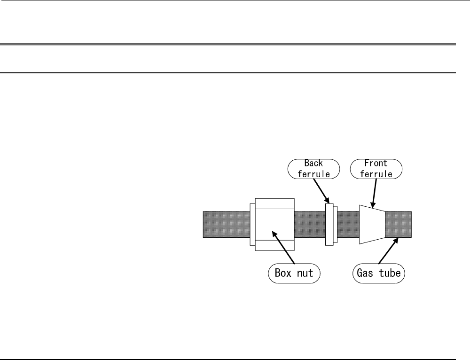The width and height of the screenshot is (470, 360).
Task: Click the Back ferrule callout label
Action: coord(313,169)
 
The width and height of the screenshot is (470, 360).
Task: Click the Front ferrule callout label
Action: coord(376,169)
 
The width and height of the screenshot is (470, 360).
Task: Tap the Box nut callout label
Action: coord(294,273)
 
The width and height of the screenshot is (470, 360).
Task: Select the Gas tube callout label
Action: coord(378,273)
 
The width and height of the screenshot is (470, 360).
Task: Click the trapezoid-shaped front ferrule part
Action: coord(372,225)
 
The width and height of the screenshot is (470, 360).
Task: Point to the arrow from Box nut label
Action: coord(283,247)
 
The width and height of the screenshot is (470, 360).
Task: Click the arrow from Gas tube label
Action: coord(389,250)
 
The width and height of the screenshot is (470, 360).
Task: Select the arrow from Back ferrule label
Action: coord(321,191)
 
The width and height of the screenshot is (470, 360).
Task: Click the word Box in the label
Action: coord(283,273)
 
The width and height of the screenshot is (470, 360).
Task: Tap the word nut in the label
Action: coord(305,274)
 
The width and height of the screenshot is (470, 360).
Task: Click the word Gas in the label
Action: coord(365,273)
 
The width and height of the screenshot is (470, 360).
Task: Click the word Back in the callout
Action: coord(313,163)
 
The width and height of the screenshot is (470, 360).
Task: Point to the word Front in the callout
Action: coord(376,163)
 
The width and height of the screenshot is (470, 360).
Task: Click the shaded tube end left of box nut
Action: coord(227,225)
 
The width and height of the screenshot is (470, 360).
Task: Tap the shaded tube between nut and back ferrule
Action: coord(310,225)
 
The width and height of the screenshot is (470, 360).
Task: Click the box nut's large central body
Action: coord(275,225)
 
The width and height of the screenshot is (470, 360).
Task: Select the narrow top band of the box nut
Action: coord(275,203)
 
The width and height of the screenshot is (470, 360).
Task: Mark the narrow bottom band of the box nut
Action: coord(275,245)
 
